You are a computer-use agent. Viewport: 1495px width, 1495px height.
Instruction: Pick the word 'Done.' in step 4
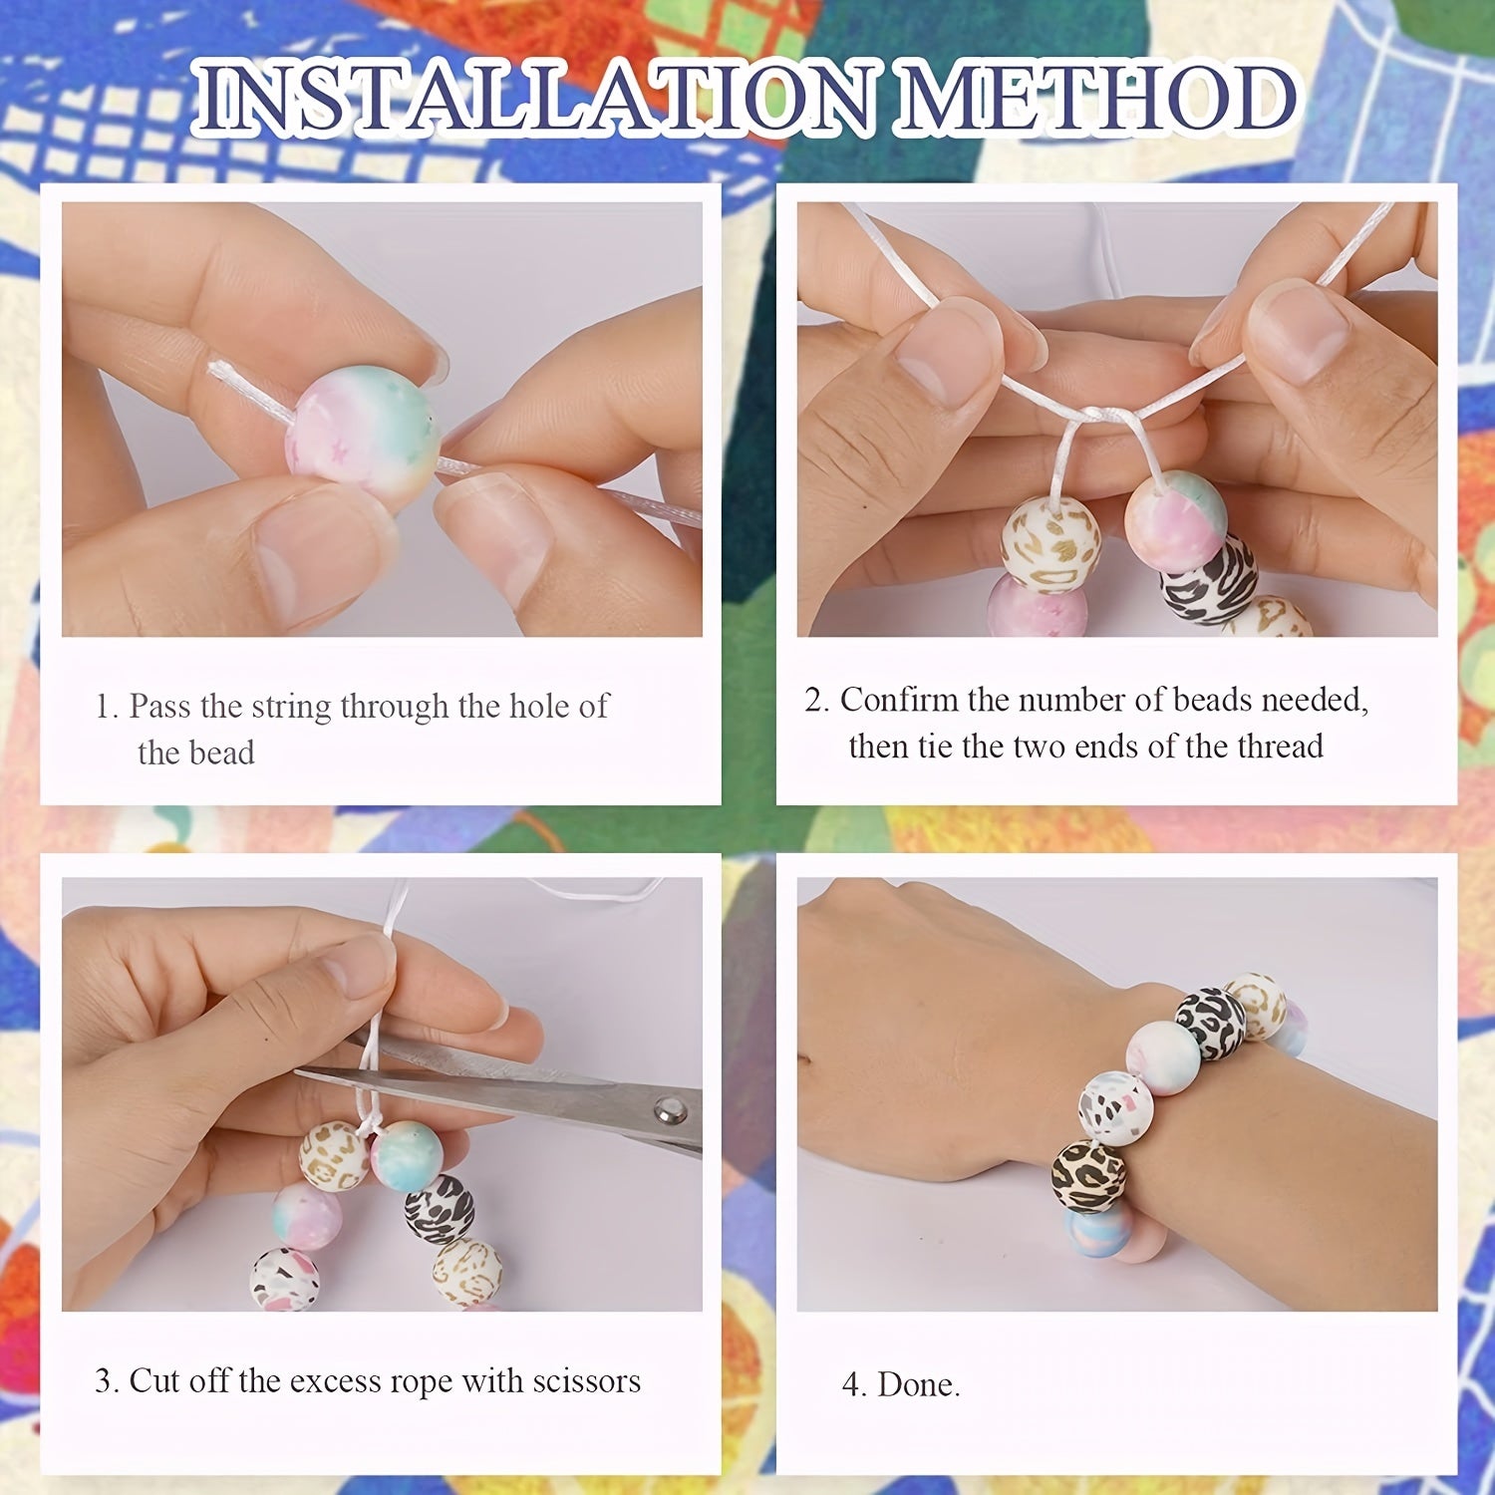919,1384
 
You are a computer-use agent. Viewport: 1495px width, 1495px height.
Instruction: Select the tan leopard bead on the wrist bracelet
1088,1176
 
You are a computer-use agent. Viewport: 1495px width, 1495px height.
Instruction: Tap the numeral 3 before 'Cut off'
104,1381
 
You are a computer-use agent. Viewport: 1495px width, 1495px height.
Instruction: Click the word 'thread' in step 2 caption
1281,747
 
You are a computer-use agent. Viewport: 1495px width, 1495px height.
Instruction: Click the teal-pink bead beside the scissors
407,1156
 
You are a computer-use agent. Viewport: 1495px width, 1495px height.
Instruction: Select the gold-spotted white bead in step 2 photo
1050,543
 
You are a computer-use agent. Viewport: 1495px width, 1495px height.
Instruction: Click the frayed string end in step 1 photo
221,375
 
